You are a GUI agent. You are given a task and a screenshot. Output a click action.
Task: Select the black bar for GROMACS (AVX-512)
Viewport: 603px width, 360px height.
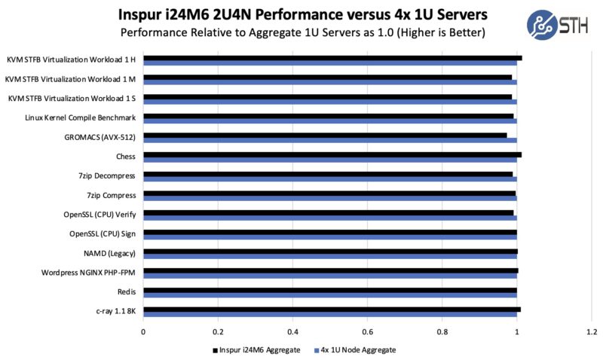tap(325, 135)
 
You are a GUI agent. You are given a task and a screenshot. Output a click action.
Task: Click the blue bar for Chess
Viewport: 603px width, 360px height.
tap(329, 159)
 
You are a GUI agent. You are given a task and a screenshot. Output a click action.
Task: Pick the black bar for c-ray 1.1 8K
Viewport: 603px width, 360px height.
tap(332, 309)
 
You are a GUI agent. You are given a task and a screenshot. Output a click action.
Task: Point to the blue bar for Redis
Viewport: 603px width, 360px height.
tap(329, 294)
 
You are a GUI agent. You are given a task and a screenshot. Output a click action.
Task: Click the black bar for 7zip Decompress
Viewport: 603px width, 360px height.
tap(328, 174)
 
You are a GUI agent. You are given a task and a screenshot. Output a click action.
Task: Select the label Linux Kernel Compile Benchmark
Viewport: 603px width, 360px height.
tap(81, 117)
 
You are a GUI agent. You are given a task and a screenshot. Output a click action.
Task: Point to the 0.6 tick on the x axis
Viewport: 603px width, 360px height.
tap(367, 331)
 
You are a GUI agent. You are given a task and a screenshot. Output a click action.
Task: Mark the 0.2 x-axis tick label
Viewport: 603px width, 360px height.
tap(218, 331)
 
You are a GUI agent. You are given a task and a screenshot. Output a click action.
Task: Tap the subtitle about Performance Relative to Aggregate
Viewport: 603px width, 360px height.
tap(301, 33)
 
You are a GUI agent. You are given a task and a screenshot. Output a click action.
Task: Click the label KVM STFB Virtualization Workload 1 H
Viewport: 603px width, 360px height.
tap(72, 59)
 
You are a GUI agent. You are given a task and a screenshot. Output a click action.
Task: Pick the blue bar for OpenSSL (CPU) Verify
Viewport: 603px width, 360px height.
tap(329, 217)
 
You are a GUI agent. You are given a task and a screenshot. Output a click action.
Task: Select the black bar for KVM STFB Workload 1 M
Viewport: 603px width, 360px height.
tap(327, 77)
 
